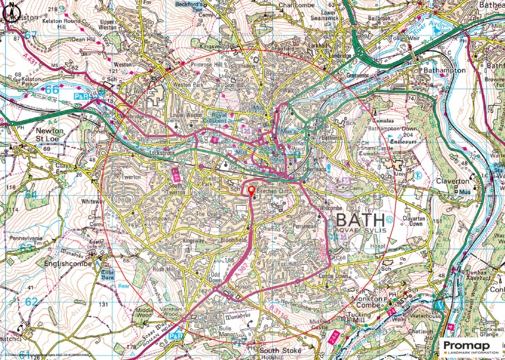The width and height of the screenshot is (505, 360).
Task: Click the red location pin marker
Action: [x=251, y=191]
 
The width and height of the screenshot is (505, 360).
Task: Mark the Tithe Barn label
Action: [x=108, y=275]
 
